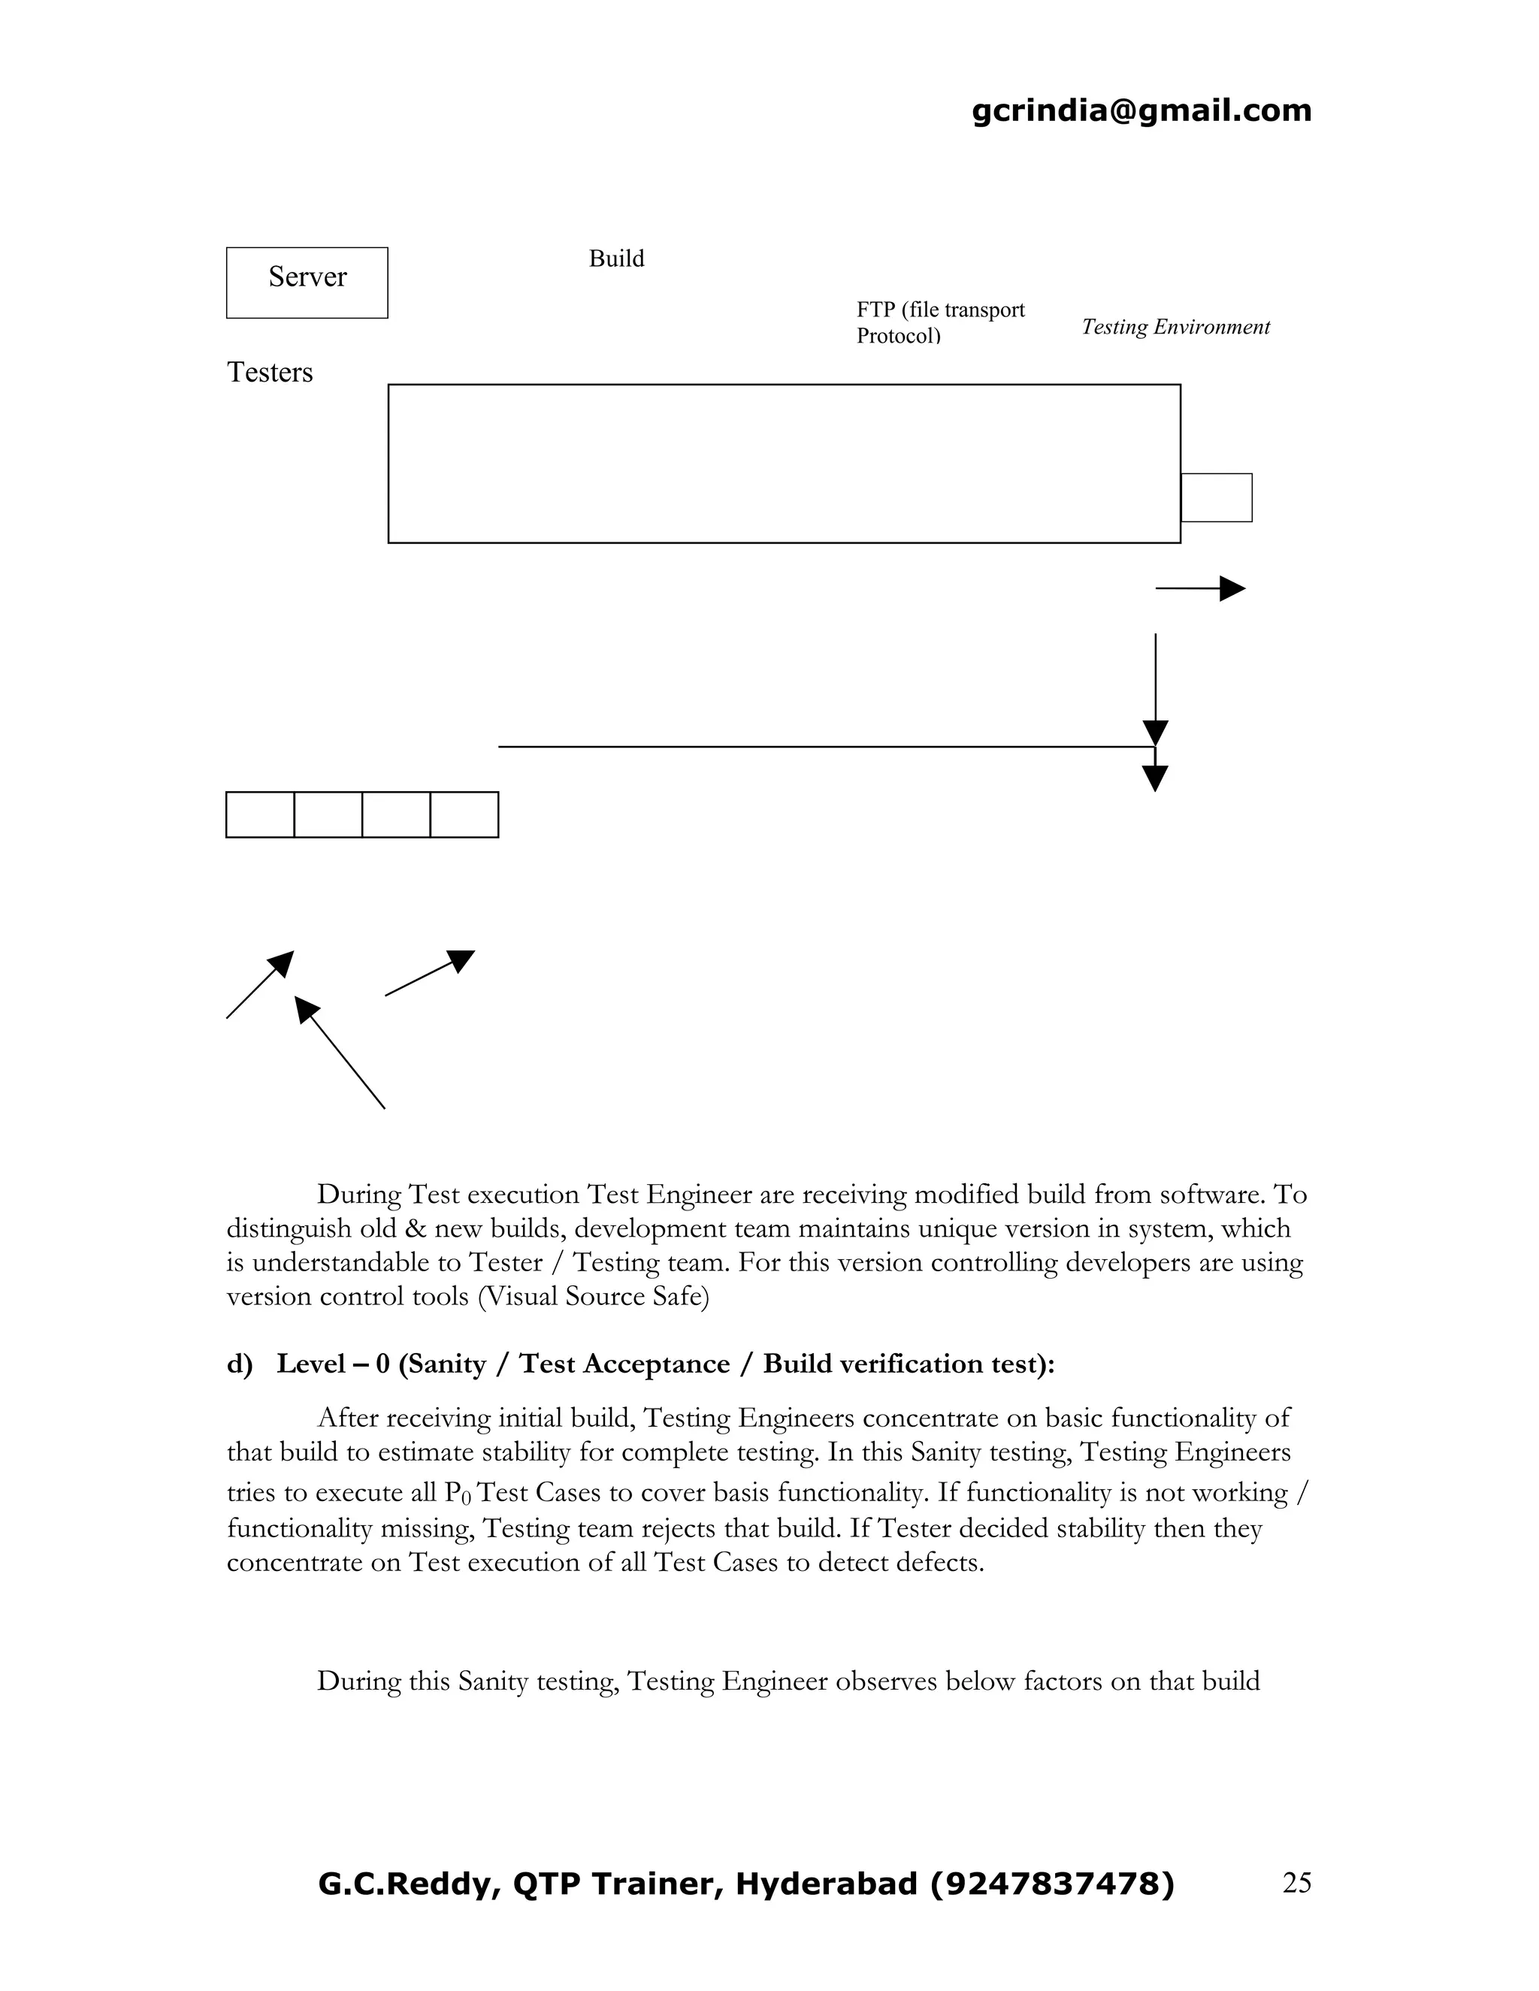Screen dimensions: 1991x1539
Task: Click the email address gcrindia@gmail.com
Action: pyautogui.click(x=1141, y=110)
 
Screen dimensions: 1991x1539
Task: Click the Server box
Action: pyautogui.click(x=307, y=282)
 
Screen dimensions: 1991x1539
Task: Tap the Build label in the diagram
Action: pyautogui.click(x=616, y=259)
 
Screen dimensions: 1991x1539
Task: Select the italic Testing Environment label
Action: pyautogui.click(x=1175, y=328)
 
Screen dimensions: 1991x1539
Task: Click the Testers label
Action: pyautogui.click(x=270, y=373)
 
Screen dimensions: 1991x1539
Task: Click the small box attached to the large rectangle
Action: pyautogui.click(x=1217, y=497)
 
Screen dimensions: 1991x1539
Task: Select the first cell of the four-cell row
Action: pyautogui.click(x=261, y=815)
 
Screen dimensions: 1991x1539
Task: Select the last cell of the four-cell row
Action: pyautogui.click(x=464, y=815)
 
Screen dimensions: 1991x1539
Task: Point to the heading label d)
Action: pyautogui.click(x=239, y=1364)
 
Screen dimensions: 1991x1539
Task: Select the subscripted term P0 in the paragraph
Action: pyautogui.click(x=457, y=1494)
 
